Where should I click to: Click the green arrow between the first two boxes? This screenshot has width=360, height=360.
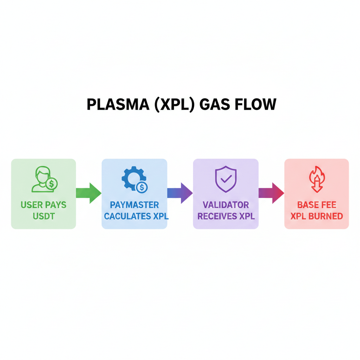point(89,193)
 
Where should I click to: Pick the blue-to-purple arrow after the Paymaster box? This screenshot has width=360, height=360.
point(180,193)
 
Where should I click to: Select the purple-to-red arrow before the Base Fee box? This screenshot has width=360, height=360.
point(271,193)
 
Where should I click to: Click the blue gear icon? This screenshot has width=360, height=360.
point(133,179)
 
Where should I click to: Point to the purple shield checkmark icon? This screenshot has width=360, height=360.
point(226,179)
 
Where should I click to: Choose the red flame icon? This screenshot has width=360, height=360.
point(317,179)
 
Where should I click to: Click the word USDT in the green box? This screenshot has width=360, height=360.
point(44,216)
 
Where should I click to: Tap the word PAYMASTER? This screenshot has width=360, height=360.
point(134,205)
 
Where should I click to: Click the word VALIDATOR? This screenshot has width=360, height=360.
point(226,205)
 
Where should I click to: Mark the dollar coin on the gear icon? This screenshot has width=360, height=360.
point(142,187)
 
